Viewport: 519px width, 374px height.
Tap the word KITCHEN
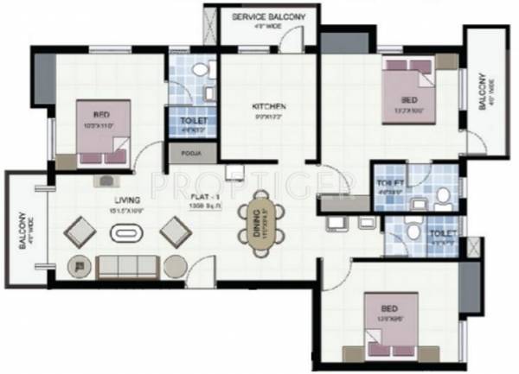click(x=268, y=106)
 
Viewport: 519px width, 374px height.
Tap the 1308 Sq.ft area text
click(x=206, y=207)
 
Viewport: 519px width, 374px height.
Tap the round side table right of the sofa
click(x=174, y=266)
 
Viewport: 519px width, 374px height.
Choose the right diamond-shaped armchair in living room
click(x=176, y=231)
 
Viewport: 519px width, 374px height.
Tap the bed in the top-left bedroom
click(x=104, y=133)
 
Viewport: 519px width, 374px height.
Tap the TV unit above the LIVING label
click(x=106, y=181)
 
